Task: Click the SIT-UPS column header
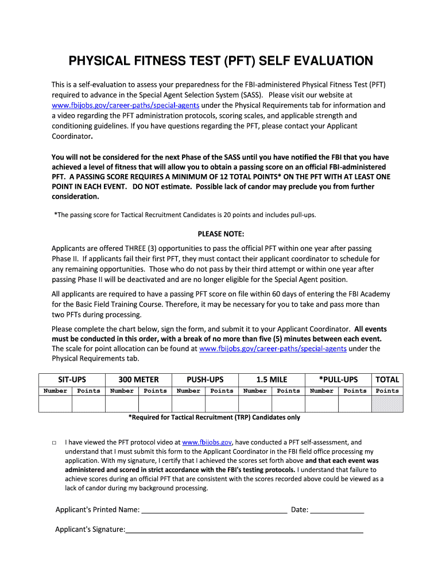[x=72, y=379]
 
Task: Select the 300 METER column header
[x=138, y=379]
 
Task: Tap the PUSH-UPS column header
[x=205, y=379]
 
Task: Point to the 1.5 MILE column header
[x=272, y=379]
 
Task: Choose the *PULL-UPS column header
[x=338, y=379]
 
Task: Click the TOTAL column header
[x=387, y=379]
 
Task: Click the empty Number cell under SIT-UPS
[x=55, y=404]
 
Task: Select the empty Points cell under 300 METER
[x=155, y=404]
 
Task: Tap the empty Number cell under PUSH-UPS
[x=188, y=404]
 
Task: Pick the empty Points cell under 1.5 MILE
[x=288, y=404]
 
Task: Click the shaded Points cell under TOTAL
[x=387, y=404]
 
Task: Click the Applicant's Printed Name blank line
[x=214, y=510]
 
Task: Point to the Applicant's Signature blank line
[x=244, y=530]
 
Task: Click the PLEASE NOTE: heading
[x=221, y=234]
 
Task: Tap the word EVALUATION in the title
[x=326, y=61]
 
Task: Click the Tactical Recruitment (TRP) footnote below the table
[x=214, y=417]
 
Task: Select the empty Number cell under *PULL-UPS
[x=321, y=404]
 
